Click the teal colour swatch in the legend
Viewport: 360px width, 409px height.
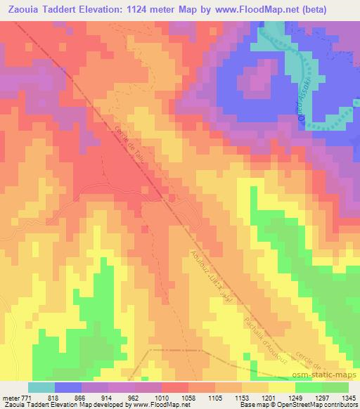(41, 387)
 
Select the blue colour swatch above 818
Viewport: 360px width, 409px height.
(68, 387)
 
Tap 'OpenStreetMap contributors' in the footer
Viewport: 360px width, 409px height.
(317, 405)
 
